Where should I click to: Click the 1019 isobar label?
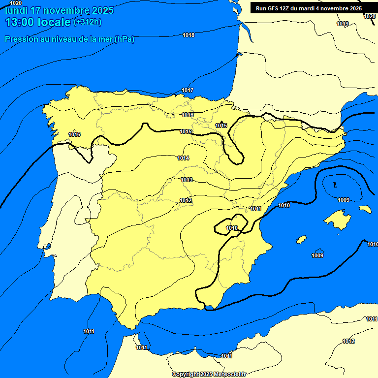pos(343,24)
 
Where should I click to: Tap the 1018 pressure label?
pos(189,35)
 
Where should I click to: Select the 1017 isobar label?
pos(188,90)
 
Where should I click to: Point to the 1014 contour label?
pos(184,158)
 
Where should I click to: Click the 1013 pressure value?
pos(187,180)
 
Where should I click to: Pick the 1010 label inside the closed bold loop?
pos(232,228)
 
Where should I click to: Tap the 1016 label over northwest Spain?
pos(74,134)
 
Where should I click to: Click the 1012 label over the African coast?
pos(348,341)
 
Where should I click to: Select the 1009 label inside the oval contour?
pos(344,200)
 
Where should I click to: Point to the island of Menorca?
pos(365,209)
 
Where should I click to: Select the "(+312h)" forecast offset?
pos(87,22)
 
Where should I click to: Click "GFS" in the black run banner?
pos(273,8)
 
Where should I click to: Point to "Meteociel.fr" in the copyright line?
pos(230,374)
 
